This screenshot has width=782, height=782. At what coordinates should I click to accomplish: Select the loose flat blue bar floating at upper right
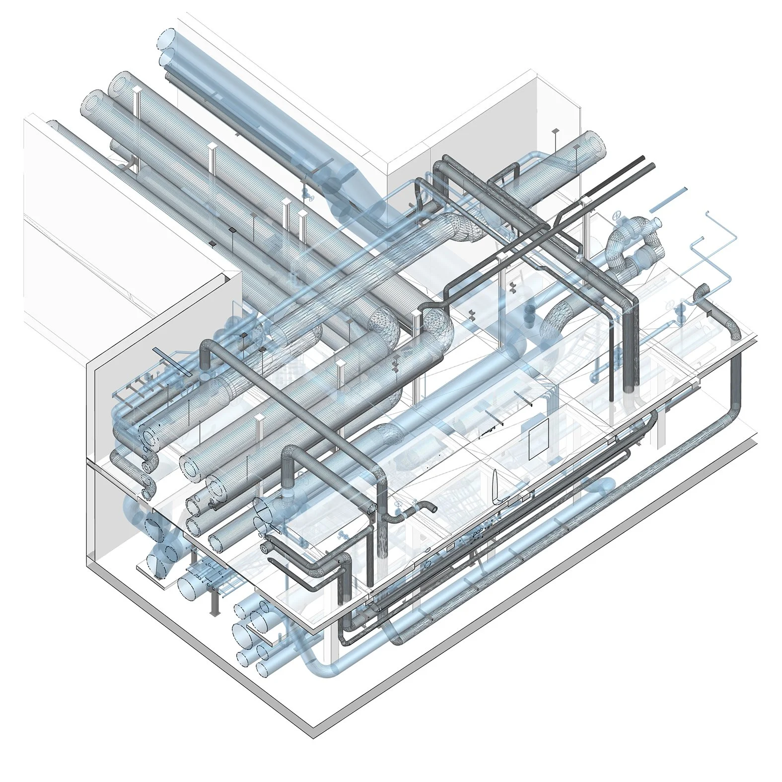coord(668,197)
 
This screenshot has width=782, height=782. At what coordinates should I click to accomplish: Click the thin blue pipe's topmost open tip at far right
coord(707,213)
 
